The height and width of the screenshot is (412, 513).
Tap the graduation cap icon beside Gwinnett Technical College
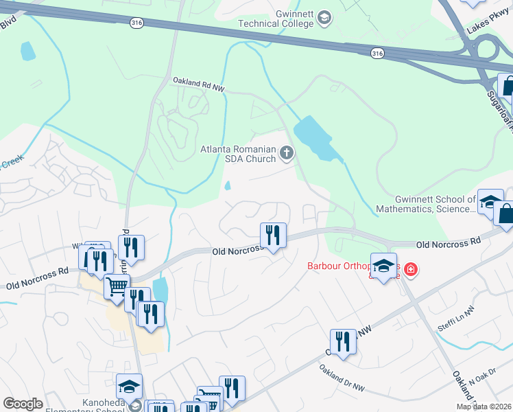[325, 18]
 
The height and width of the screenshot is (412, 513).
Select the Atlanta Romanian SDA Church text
[237, 154]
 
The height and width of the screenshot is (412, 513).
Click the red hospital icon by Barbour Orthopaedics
[411, 269]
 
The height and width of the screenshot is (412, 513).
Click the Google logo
[23, 403]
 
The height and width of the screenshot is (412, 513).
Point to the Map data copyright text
[484, 407]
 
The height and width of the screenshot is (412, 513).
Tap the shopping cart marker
[117, 286]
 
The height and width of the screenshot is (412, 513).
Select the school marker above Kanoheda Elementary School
[129, 387]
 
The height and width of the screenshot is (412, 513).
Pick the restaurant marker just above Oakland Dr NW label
[342, 341]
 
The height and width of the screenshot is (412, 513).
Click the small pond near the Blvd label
[27, 51]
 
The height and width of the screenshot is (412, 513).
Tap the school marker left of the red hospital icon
[384, 266]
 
